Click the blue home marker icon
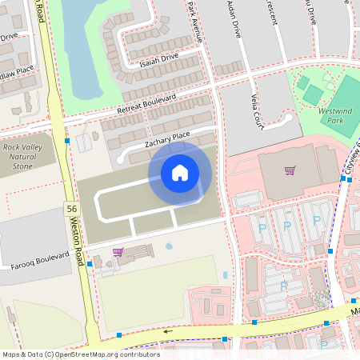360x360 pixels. [180, 172]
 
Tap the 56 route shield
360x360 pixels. [72, 209]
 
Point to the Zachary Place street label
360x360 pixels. [167, 138]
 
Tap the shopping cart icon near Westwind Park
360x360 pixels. [290, 170]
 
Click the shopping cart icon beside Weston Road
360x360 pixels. [118, 252]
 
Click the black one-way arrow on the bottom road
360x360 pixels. [168, 330]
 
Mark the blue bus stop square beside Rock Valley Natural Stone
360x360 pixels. [68, 140]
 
